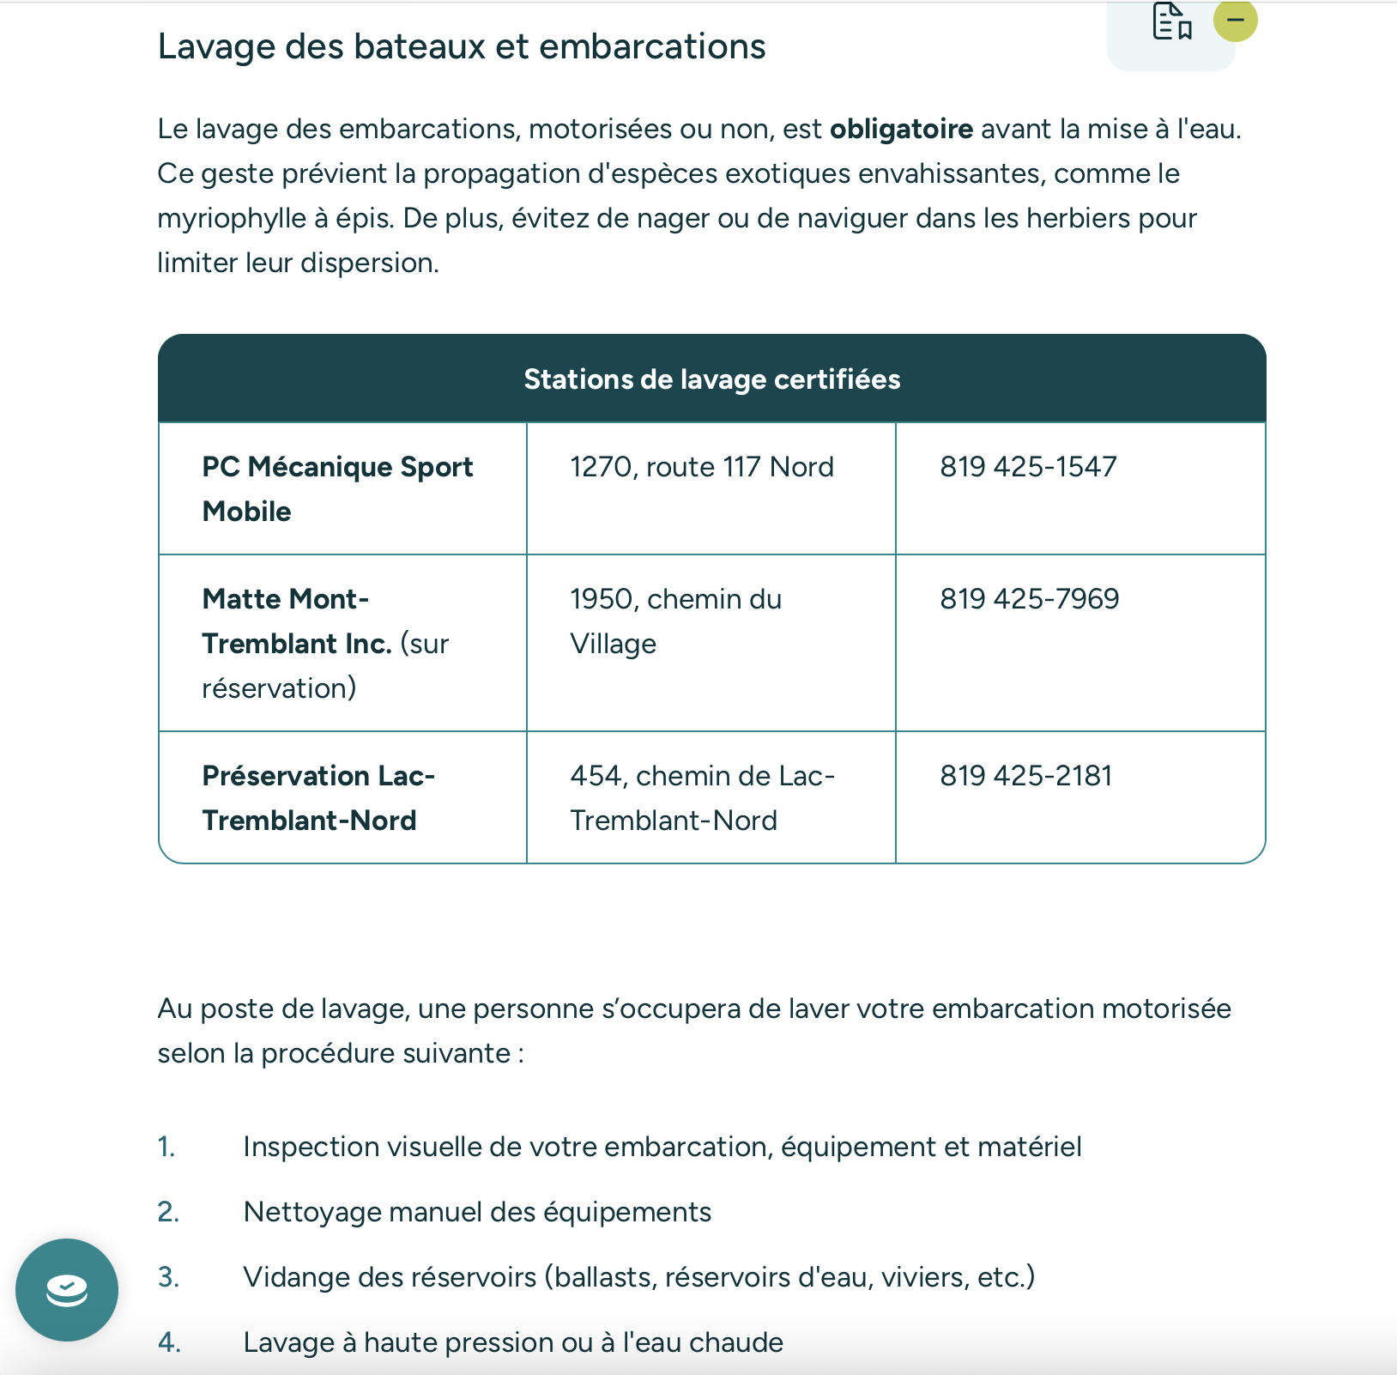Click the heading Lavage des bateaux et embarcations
(x=462, y=46)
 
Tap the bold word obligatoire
(x=901, y=129)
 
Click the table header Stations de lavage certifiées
(x=711, y=379)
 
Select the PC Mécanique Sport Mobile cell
(x=337, y=488)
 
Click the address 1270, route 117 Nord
(x=701, y=467)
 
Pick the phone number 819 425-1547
(x=1028, y=467)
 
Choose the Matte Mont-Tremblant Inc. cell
(x=325, y=643)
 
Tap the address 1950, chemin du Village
(x=675, y=621)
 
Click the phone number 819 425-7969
(x=1029, y=599)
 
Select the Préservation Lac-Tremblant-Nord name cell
(x=318, y=797)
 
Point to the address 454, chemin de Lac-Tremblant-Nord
(x=702, y=797)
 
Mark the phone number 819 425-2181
(x=1025, y=776)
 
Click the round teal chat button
(x=67, y=1289)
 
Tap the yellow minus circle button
(x=1235, y=20)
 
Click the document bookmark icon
(x=1171, y=21)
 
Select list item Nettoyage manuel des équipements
(x=477, y=1212)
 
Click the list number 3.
(x=168, y=1277)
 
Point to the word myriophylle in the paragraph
(x=231, y=218)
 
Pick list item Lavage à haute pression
(x=513, y=1342)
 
